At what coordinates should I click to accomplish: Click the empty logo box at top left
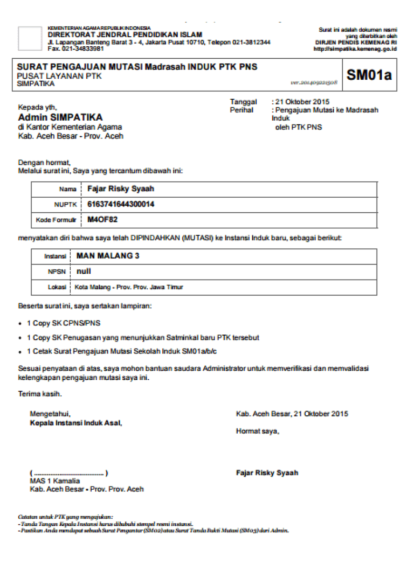click(29, 38)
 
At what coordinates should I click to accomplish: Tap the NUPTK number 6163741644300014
click(117, 205)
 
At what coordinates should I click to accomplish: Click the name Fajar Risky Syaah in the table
click(121, 190)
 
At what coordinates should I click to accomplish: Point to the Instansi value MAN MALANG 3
click(108, 256)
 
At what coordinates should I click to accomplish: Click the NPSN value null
click(84, 271)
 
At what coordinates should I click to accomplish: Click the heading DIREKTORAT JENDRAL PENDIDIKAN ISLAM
click(125, 35)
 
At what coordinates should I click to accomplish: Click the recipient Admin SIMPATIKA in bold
click(60, 117)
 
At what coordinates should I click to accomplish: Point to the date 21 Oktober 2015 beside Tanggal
click(303, 102)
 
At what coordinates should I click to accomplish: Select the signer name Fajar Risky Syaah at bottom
click(267, 473)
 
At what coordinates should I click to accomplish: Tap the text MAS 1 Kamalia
click(54, 481)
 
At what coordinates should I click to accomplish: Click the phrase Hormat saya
click(258, 431)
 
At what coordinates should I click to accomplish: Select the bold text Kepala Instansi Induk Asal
click(76, 423)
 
